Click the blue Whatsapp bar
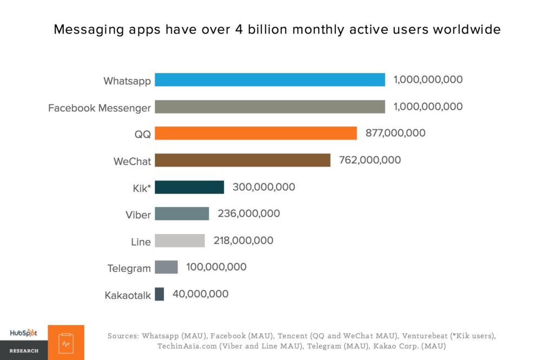[269, 80]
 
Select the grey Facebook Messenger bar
[269, 106]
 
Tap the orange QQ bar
[255, 133]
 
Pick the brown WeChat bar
[242, 160]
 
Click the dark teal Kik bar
[189, 187]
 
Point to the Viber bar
[182, 214]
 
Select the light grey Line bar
[180, 241]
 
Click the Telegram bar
[166, 267]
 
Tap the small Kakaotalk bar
[159, 294]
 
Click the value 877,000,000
[395, 133]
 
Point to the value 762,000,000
[370, 160]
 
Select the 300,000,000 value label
[263, 187]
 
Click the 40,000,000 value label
[200, 294]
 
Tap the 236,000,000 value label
[249, 214]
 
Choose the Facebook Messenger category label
[100, 108]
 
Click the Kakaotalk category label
[128, 295]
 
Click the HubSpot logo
[23, 333]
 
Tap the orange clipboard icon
[66, 343]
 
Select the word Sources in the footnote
[123, 336]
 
